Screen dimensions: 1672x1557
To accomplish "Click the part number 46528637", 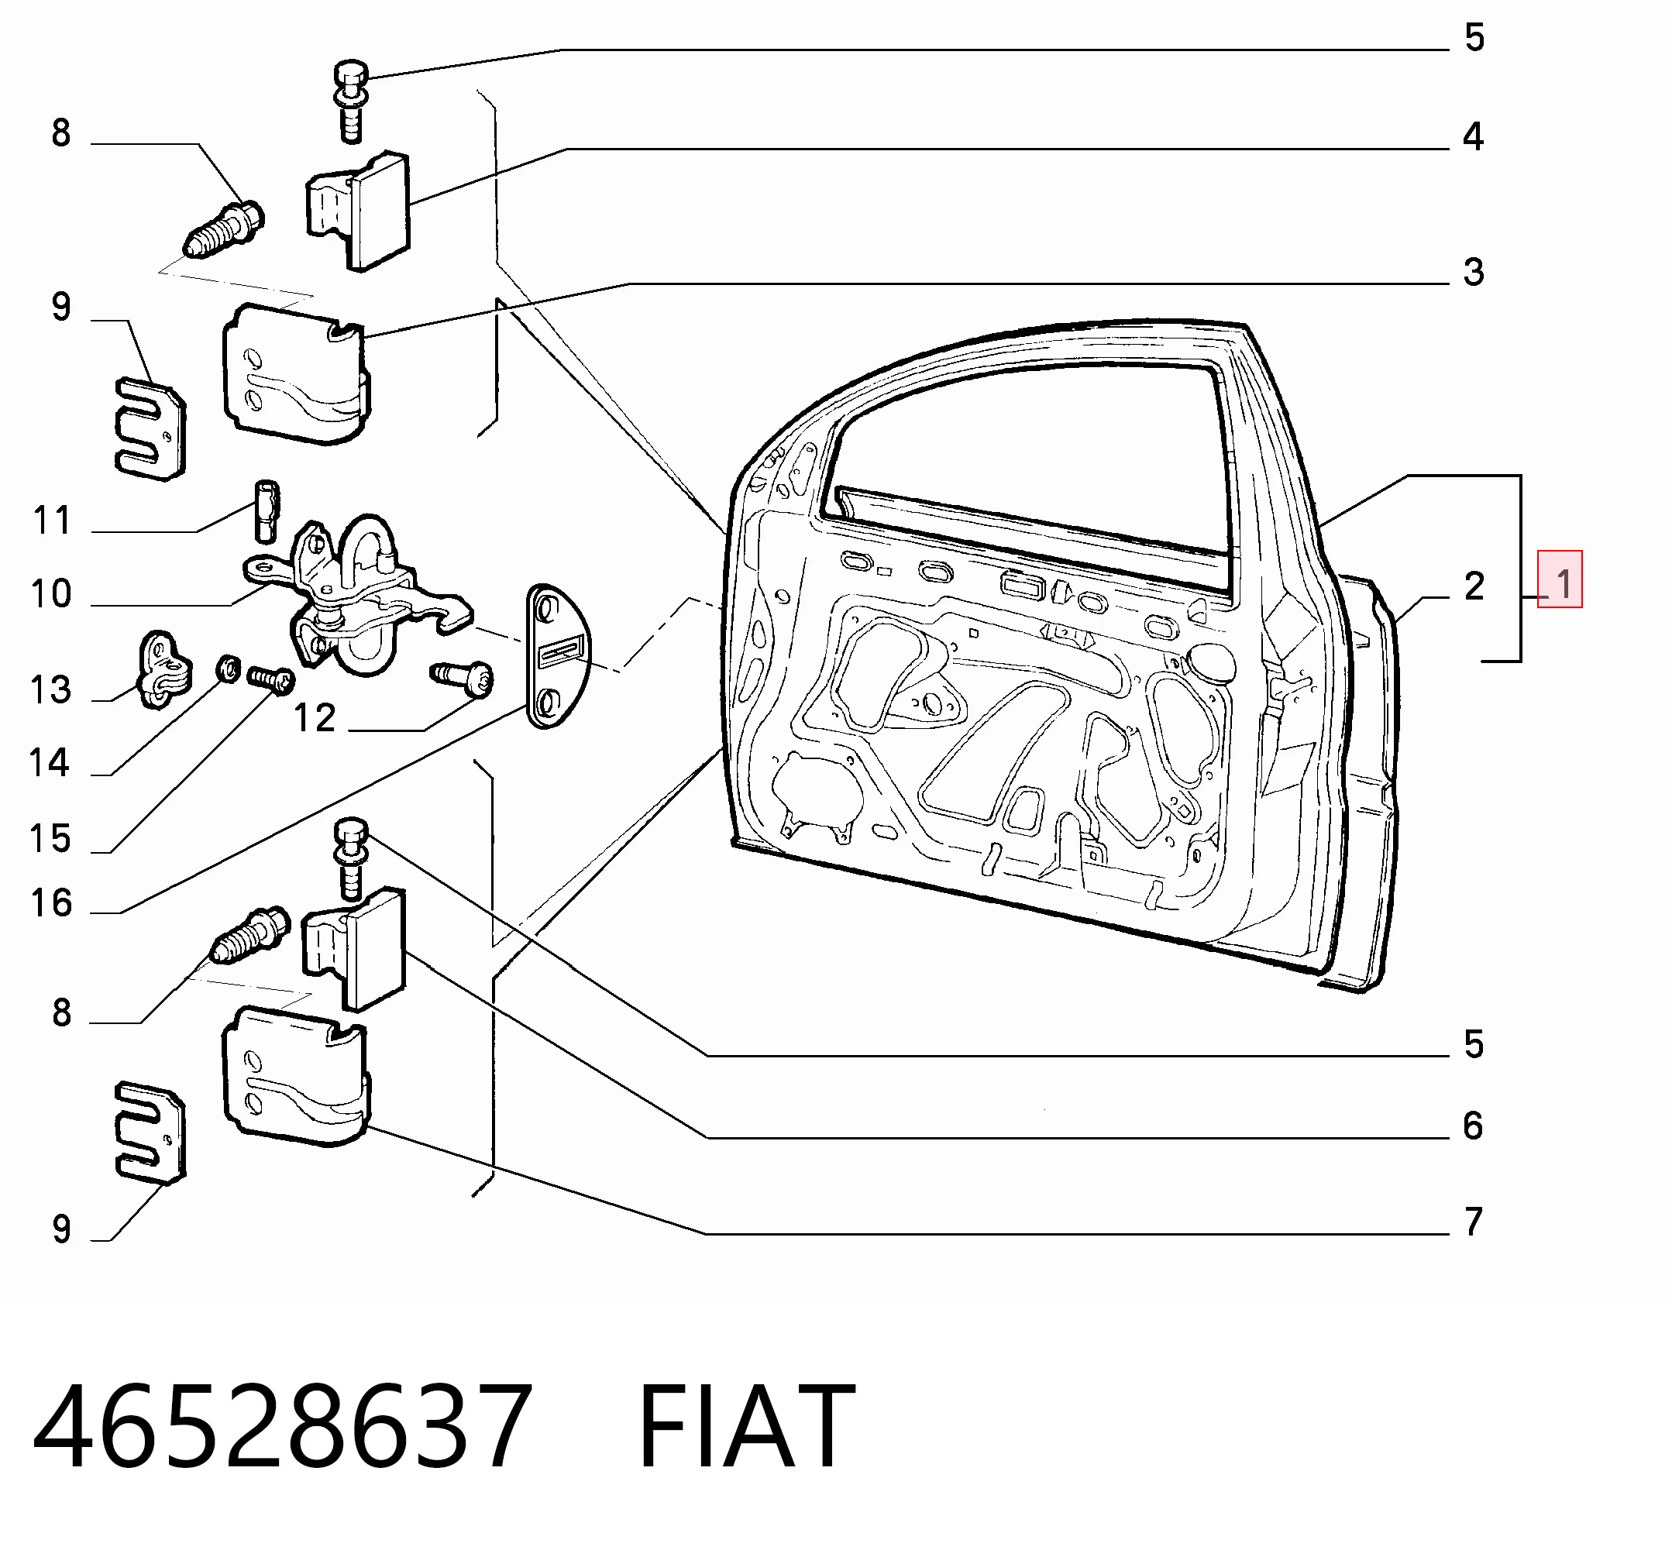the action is [283, 1428].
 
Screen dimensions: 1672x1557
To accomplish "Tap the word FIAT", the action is [747, 1428].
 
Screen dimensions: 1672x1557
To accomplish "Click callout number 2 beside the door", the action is [1474, 586].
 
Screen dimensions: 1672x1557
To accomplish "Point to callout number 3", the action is [1474, 272].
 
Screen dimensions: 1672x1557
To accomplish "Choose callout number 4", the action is [1474, 136].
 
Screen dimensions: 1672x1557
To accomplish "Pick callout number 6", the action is [1474, 1126].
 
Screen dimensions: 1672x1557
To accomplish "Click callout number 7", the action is [1474, 1222].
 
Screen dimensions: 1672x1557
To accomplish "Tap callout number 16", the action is [51, 904].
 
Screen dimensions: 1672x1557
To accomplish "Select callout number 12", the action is [315, 718].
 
